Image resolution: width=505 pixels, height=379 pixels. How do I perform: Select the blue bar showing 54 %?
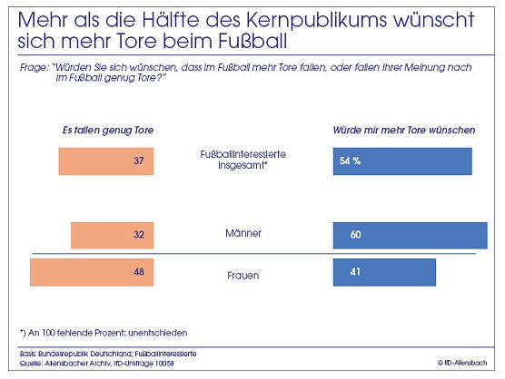point(403,161)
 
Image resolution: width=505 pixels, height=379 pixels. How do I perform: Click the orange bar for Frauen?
point(93,272)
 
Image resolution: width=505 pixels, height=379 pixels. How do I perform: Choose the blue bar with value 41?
point(385,272)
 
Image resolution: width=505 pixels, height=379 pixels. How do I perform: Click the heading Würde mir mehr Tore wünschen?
point(405,131)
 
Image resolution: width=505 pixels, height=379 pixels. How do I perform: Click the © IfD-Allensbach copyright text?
point(466,363)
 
